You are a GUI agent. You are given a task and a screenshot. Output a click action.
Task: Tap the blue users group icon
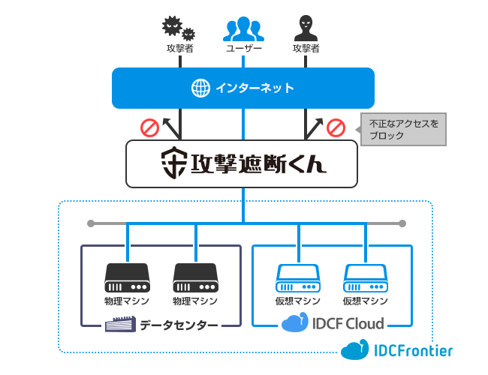pyautogui.click(x=243, y=28)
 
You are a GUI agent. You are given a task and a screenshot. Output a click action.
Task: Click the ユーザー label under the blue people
pyautogui.click(x=243, y=49)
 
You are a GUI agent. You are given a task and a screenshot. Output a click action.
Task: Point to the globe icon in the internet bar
pyautogui.click(x=200, y=88)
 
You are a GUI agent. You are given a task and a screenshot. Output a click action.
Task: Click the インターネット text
pyautogui.click(x=255, y=88)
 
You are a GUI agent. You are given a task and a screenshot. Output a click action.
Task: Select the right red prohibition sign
pyautogui.click(x=336, y=127)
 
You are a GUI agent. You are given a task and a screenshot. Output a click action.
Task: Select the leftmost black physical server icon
pyautogui.click(x=127, y=277)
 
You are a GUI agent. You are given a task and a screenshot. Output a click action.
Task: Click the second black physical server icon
pyautogui.click(x=195, y=277)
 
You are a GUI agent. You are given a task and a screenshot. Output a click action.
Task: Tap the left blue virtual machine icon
pyautogui.click(x=298, y=277)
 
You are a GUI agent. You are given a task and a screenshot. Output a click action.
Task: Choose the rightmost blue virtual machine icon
pyautogui.click(x=366, y=277)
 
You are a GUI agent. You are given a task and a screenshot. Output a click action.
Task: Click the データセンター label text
pyautogui.click(x=179, y=325)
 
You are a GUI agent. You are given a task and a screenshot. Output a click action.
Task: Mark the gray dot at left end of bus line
pyautogui.click(x=90, y=223)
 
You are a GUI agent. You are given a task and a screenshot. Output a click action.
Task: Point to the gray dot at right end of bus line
pyautogui.click(x=402, y=223)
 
